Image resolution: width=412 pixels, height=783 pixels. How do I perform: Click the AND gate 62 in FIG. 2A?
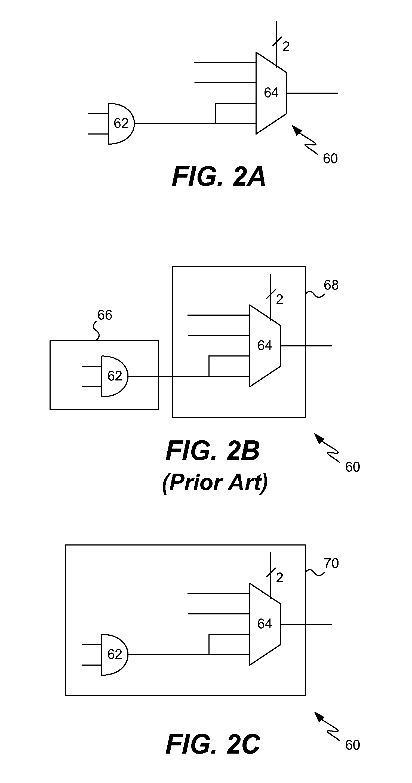pyautogui.click(x=121, y=123)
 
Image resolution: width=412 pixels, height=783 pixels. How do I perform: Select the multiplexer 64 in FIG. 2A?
pyautogui.click(x=271, y=93)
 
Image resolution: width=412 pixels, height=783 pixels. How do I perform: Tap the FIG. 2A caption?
pyautogui.click(x=218, y=177)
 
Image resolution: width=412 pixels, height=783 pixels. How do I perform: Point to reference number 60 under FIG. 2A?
pyautogui.click(x=330, y=159)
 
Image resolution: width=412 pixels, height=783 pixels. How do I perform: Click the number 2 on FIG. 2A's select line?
pyautogui.click(x=286, y=47)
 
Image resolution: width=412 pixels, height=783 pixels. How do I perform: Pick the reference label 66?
pyautogui.click(x=105, y=315)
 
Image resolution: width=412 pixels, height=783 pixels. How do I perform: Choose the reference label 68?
pyautogui.click(x=331, y=285)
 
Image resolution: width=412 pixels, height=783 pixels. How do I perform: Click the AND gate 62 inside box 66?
pyautogui.click(x=115, y=376)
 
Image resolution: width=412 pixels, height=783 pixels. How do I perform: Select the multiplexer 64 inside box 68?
pyautogui.click(x=265, y=346)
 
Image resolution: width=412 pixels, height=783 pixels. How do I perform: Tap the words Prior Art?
pyautogui.click(x=215, y=482)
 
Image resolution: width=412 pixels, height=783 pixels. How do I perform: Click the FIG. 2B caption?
pyautogui.click(x=213, y=450)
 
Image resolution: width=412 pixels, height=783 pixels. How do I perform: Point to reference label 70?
pyautogui.click(x=331, y=563)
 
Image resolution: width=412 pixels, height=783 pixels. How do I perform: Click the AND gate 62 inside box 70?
pyautogui.click(x=115, y=654)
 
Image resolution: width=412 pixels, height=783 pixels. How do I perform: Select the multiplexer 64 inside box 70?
pyautogui.click(x=265, y=624)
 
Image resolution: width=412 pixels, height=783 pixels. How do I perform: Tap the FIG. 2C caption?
pyautogui.click(x=213, y=744)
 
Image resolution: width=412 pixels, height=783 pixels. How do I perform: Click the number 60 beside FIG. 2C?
pyautogui.click(x=352, y=745)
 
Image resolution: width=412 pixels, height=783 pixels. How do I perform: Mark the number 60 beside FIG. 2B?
pyautogui.click(x=352, y=467)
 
